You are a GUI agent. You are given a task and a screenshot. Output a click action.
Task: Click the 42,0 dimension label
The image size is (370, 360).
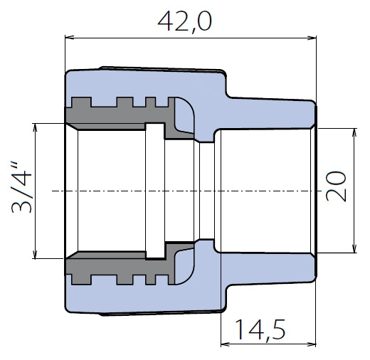click(184, 21)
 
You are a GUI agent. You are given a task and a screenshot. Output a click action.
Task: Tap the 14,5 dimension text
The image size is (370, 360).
click(260, 330)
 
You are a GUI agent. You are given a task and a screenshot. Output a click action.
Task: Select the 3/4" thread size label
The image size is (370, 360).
click(21, 187)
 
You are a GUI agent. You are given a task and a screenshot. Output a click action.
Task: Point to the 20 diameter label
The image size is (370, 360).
click(336, 186)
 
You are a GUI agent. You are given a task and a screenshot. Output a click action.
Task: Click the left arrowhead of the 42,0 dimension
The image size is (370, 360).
click(69, 38)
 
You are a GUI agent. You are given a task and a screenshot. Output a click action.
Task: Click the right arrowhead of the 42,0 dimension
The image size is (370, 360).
click(312, 38)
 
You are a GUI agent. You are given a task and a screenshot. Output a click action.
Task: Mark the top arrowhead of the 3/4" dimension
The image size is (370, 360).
click(35, 128)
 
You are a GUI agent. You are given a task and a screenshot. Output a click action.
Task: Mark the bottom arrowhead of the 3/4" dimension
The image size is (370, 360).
click(35, 254)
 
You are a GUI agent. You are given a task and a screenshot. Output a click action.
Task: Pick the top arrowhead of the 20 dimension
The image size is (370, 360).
click(354, 133)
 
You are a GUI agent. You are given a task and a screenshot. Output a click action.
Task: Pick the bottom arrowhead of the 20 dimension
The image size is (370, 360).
click(354, 248)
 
